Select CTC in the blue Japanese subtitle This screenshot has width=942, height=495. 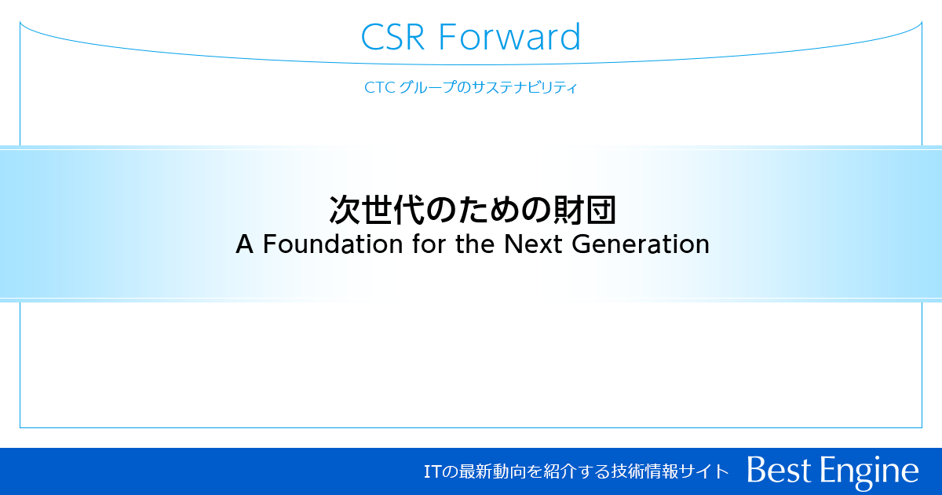tap(379, 88)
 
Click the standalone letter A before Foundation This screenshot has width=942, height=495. tap(245, 244)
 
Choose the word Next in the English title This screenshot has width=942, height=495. tap(534, 244)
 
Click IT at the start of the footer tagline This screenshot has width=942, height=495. tap(430, 471)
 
